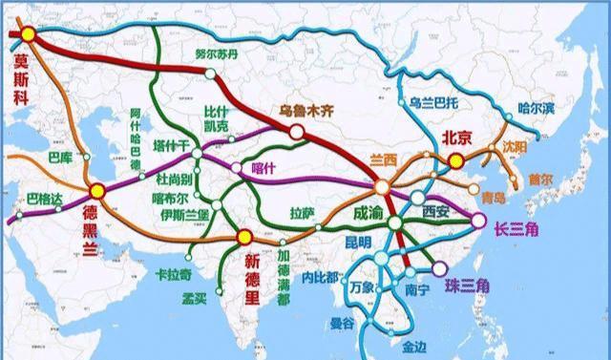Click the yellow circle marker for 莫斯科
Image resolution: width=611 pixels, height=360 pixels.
click(x=28, y=34)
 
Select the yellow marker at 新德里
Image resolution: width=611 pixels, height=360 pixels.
click(x=244, y=236)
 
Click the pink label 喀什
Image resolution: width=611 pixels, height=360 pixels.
click(x=262, y=168)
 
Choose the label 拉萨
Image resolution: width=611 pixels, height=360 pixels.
click(x=302, y=214)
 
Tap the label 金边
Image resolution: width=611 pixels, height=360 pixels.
click(x=414, y=346)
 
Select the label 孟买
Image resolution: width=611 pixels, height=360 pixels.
click(x=195, y=298)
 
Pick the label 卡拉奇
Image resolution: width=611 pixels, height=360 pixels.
click(x=172, y=275)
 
